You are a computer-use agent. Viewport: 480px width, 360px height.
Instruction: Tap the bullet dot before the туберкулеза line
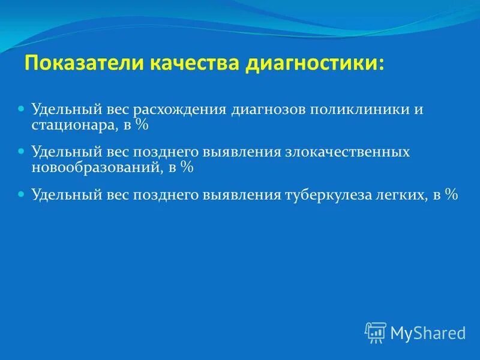[x=21, y=194]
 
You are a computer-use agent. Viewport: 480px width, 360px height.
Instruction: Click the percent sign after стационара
[x=142, y=125]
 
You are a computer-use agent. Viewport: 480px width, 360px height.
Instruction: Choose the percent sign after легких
[x=451, y=194]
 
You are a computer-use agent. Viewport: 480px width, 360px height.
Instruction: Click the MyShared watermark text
[x=428, y=332]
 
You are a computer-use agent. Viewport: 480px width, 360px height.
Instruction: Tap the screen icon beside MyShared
[x=376, y=332]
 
